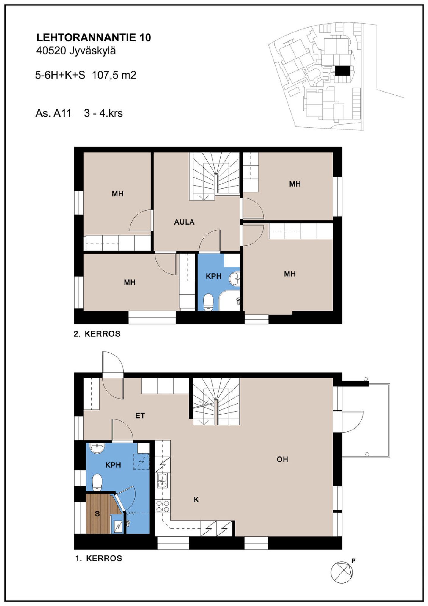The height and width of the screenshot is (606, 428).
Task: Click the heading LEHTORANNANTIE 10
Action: (94, 37)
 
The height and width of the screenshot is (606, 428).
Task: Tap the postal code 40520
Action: (51, 51)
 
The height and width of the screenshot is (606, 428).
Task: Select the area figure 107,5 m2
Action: (114, 75)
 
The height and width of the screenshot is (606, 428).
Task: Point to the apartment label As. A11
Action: (53, 113)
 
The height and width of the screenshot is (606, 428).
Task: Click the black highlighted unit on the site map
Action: (343, 71)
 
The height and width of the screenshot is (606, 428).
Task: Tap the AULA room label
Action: (184, 222)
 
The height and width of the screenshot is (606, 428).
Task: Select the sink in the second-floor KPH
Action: (235, 279)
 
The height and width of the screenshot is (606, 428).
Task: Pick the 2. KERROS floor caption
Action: (97, 334)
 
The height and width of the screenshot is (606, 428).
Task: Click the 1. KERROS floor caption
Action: (99, 558)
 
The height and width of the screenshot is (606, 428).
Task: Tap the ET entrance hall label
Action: (140, 416)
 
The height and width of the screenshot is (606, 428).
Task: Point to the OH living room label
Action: (282, 459)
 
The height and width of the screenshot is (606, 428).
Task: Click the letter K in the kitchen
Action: (196, 500)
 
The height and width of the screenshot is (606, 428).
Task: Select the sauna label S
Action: (97, 514)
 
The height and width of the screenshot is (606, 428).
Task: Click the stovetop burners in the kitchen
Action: (163, 507)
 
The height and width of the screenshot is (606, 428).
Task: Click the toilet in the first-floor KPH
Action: (97, 482)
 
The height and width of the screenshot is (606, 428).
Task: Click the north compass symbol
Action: (342, 572)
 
